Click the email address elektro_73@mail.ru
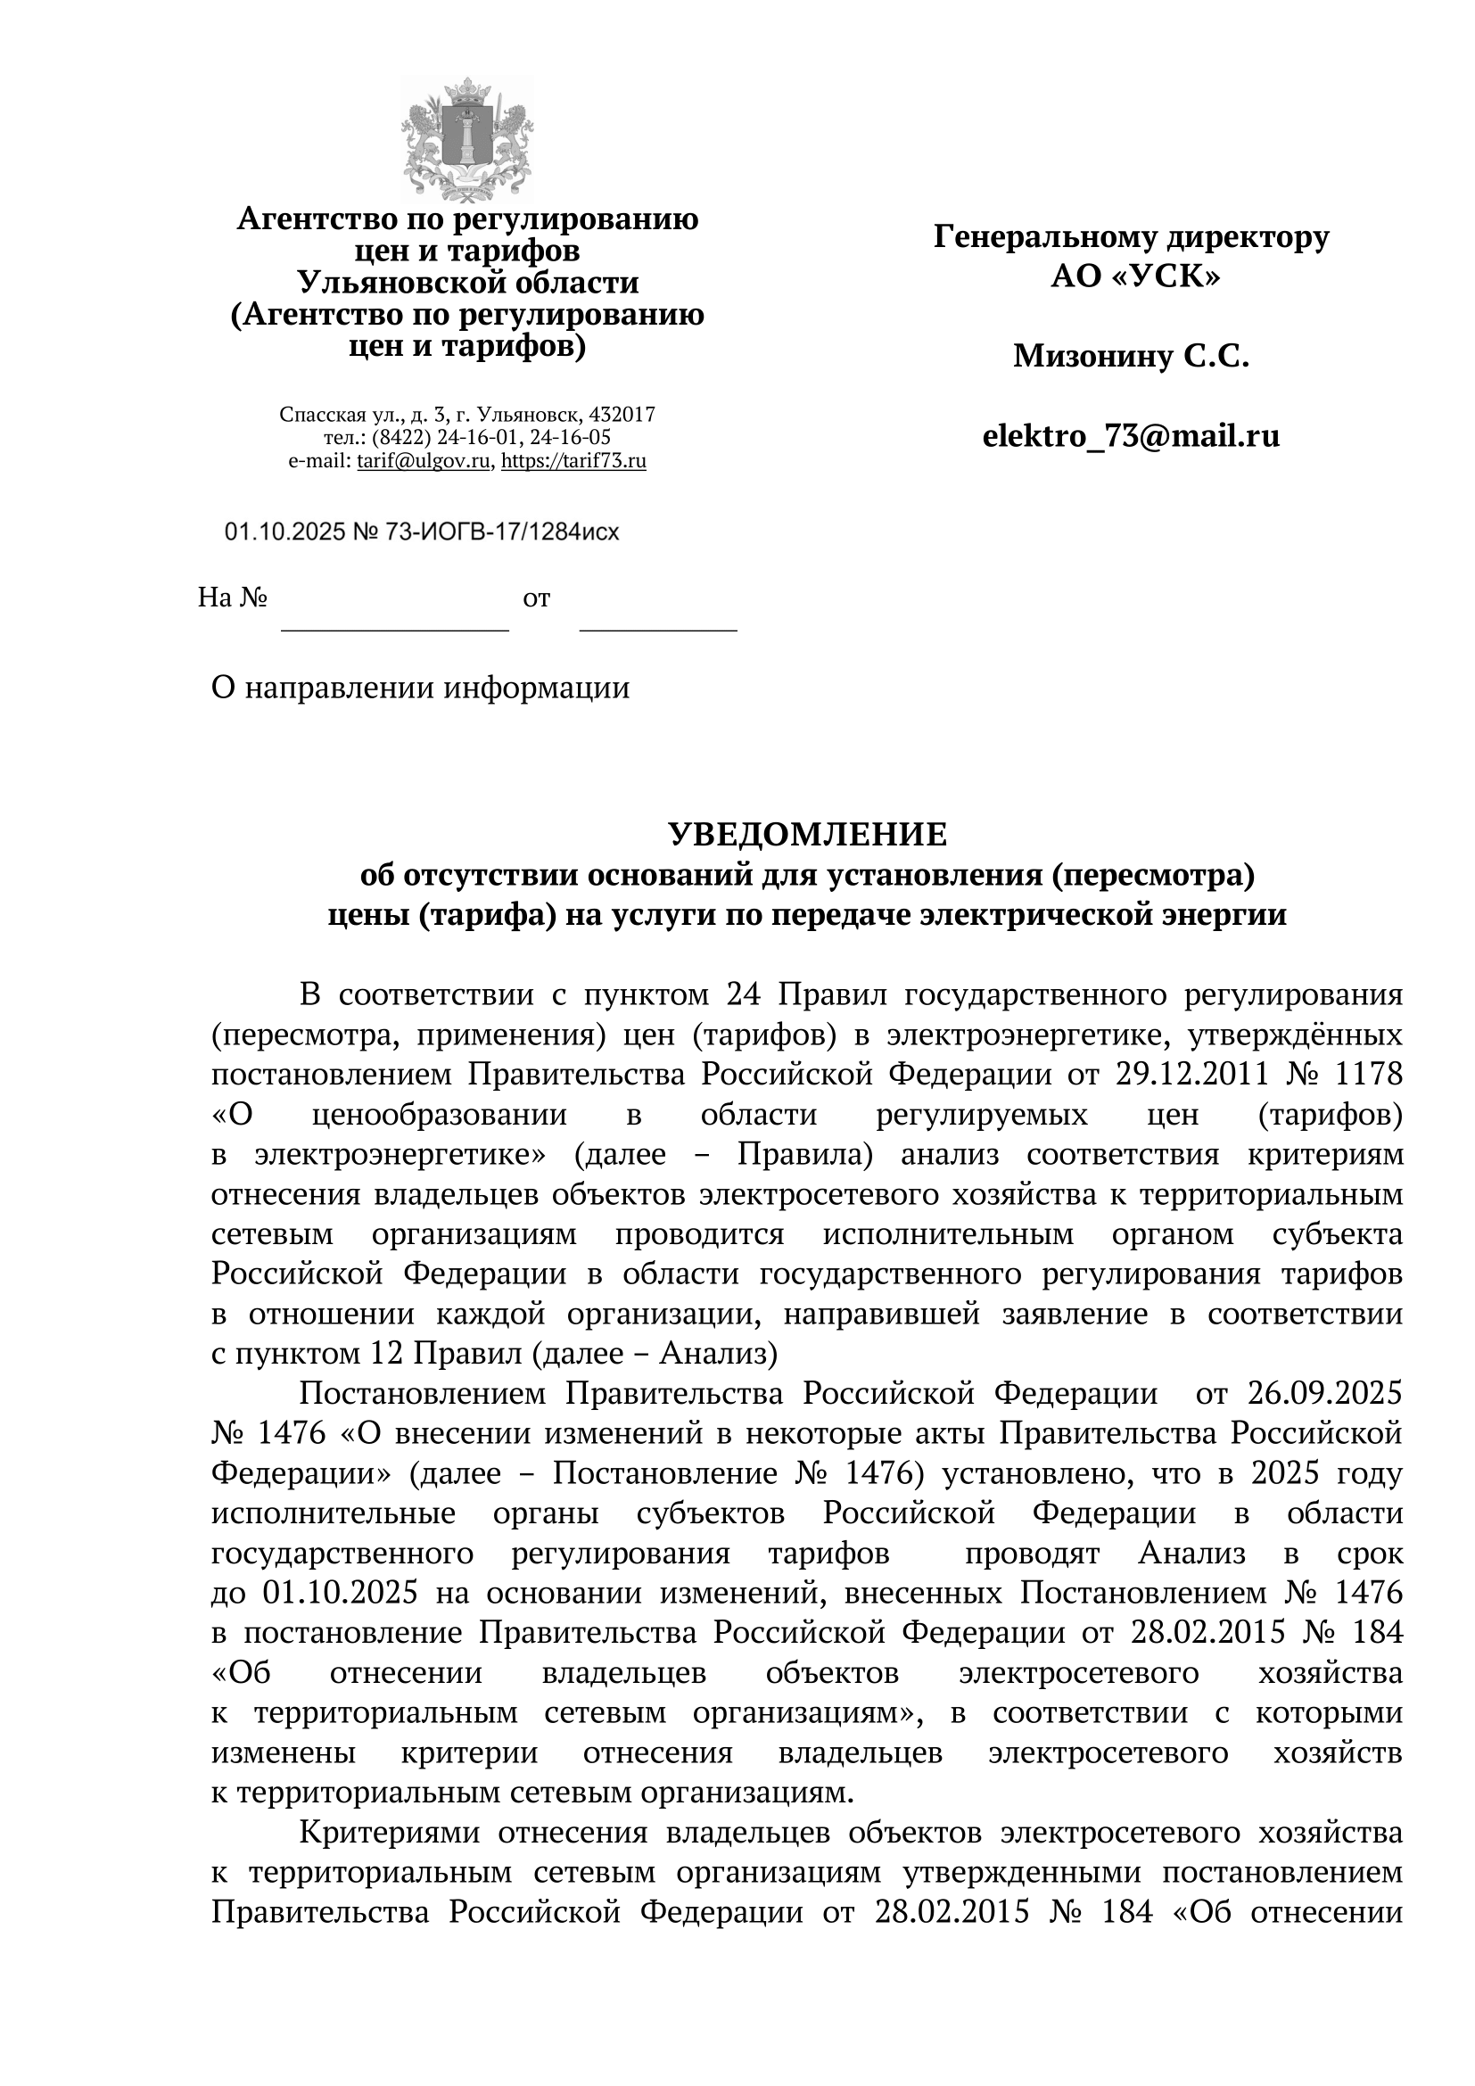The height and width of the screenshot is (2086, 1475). [1131, 436]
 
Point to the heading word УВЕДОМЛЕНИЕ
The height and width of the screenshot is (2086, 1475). [807, 834]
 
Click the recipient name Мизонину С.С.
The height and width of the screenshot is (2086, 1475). [1131, 356]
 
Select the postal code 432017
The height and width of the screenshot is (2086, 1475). [623, 416]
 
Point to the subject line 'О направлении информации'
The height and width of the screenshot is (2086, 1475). [421, 688]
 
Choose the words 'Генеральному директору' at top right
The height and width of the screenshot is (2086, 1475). [1131, 237]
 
